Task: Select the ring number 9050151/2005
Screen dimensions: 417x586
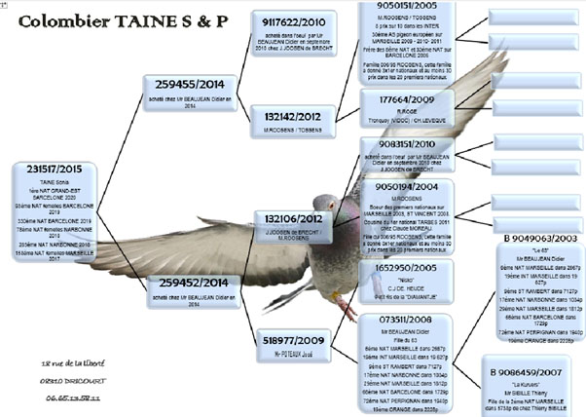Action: (397, 6)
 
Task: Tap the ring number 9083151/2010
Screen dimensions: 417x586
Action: (398, 145)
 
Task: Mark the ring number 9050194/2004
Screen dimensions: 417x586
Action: (398, 185)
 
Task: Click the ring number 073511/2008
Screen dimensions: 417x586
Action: (397, 320)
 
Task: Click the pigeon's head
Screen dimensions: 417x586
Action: (325, 206)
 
